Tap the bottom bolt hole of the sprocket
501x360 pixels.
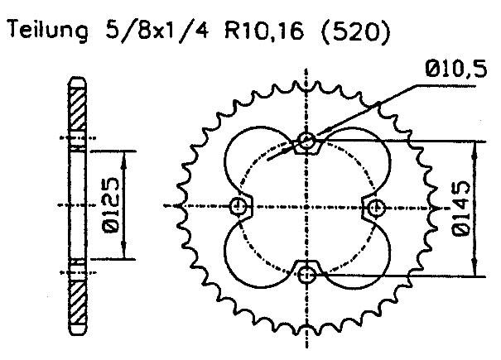click(x=308, y=273)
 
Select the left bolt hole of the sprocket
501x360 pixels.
click(x=241, y=205)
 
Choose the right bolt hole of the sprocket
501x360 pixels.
click(x=375, y=205)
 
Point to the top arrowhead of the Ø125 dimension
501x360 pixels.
click(x=125, y=155)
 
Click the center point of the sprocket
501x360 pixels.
click(x=308, y=205)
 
